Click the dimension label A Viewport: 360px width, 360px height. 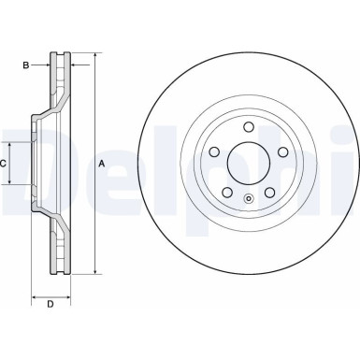coord(102,165)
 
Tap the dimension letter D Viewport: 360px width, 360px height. coord(50,303)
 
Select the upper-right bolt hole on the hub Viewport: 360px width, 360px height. coord(281,152)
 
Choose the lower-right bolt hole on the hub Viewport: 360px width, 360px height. coord(268,194)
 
